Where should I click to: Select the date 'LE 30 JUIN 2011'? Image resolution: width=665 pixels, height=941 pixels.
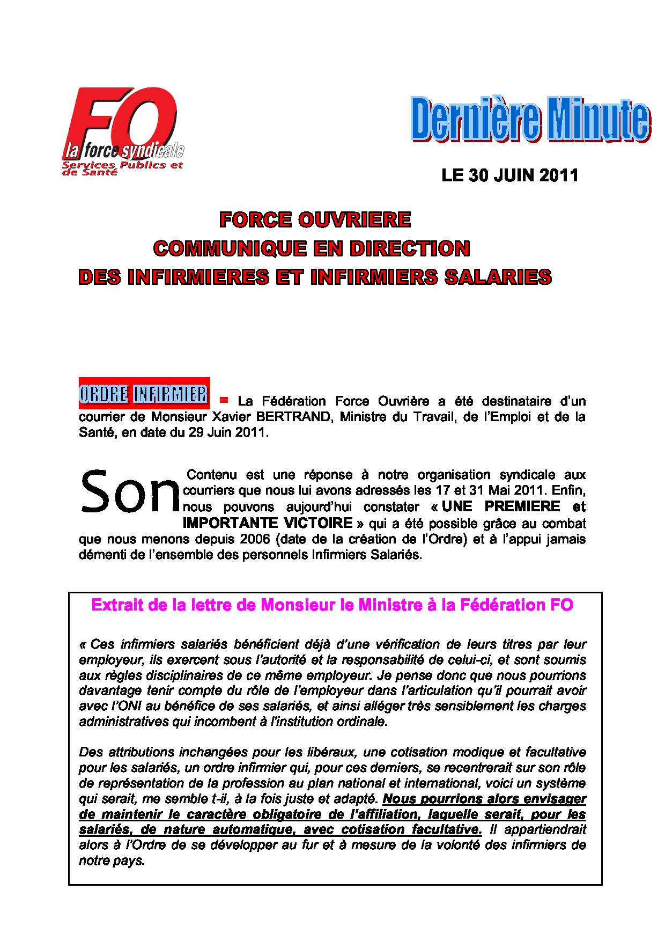[509, 175]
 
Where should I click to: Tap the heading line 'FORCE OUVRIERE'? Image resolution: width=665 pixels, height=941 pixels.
[315, 220]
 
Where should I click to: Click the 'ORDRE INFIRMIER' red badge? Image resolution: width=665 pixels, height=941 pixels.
[144, 394]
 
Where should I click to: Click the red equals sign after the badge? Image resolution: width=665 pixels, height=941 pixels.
[224, 400]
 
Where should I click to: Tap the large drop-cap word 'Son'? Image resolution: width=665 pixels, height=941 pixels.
[130, 491]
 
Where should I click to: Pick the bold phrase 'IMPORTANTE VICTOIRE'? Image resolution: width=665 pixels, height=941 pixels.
[268, 523]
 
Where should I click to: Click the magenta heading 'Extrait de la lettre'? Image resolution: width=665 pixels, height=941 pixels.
[332, 605]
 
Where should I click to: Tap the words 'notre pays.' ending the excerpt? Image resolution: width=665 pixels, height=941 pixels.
[112, 861]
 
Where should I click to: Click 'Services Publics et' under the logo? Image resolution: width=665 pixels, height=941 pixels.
[123, 165]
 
